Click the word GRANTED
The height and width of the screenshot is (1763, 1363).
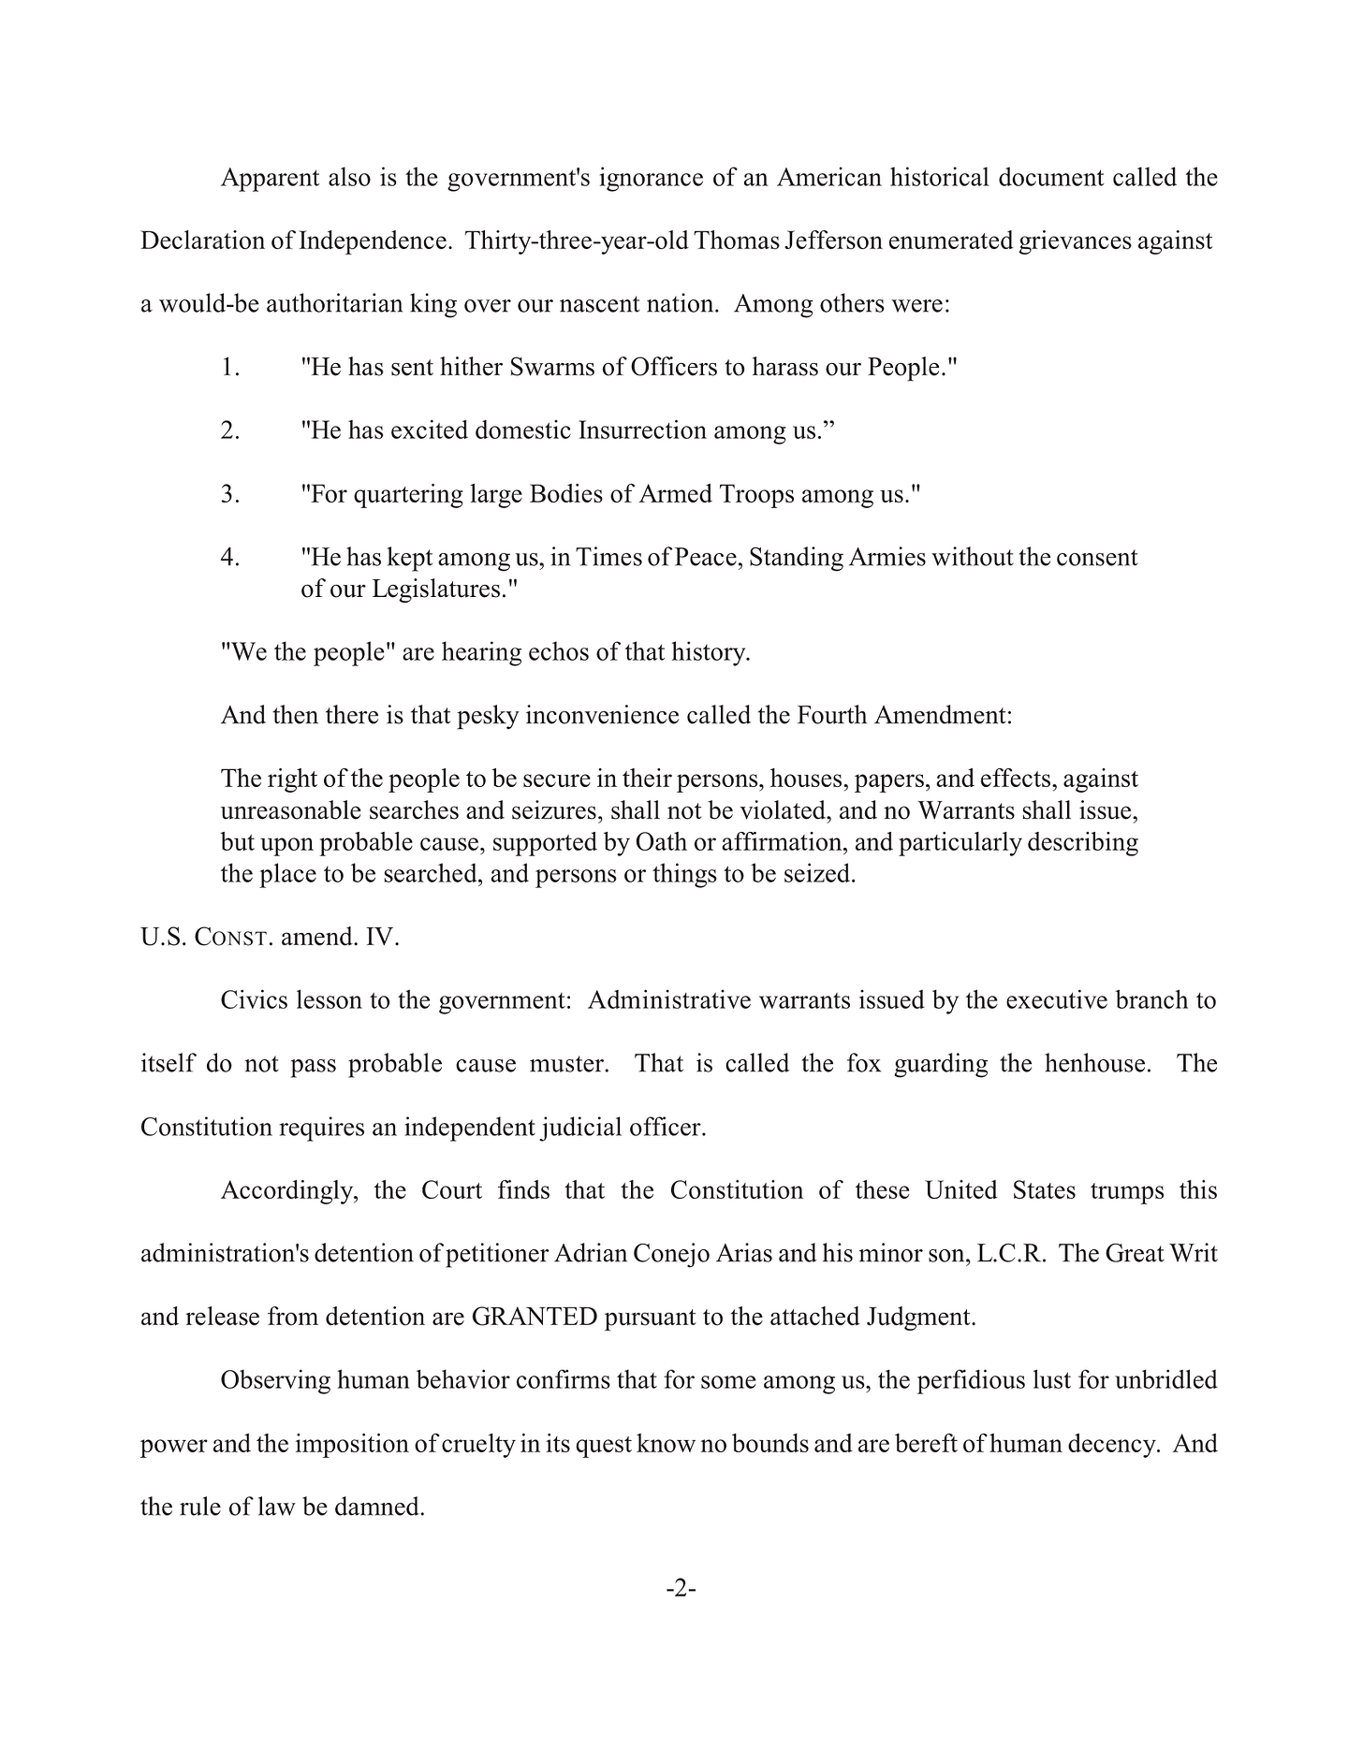point(535,1317)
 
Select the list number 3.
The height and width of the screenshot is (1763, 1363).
point(230,494)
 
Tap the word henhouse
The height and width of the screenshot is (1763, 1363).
point(1095,1064)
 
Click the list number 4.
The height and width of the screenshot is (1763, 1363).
point(230,558)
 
